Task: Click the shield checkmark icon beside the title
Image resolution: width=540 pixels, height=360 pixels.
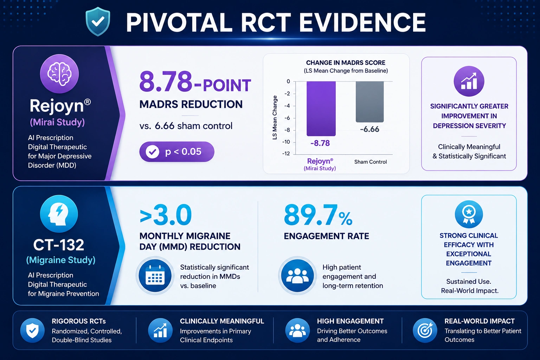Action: pos(98,21)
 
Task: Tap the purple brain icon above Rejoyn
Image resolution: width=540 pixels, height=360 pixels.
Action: pos(59,74)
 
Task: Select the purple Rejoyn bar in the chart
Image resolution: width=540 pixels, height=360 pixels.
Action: pos(321,109)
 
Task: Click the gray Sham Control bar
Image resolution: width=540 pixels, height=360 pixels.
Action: pos(369,102)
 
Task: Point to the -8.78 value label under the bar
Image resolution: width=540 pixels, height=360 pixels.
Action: pos(320,143)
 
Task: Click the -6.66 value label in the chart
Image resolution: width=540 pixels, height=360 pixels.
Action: pos(369,129)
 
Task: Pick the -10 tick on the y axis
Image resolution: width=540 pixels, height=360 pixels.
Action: pos(286,142)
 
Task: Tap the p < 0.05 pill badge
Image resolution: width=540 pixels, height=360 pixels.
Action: pos(177,152)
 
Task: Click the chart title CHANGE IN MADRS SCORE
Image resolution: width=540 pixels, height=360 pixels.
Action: pos(346,63)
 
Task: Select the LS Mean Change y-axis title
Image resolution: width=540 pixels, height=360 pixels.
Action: pos(275,117)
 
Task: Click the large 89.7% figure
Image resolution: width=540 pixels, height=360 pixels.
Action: pos(318,215)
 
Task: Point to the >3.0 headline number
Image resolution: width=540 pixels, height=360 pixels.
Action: pos(166,214)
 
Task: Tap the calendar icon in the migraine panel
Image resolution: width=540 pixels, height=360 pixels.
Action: pos(155,275)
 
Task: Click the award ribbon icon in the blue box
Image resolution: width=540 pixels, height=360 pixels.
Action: pos(469,214)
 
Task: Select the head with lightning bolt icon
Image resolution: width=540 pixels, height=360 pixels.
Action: pos(59,214)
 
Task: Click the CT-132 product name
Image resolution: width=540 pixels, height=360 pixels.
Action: pos(59,245)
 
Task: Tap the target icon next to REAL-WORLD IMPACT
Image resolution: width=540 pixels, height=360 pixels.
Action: pos(425,330)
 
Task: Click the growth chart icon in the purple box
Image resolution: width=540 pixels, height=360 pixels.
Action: pos(469,81)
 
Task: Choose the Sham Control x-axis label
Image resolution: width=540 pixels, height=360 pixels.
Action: pos(370,162)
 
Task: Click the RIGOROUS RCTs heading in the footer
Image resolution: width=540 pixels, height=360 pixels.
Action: pos(79,321)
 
